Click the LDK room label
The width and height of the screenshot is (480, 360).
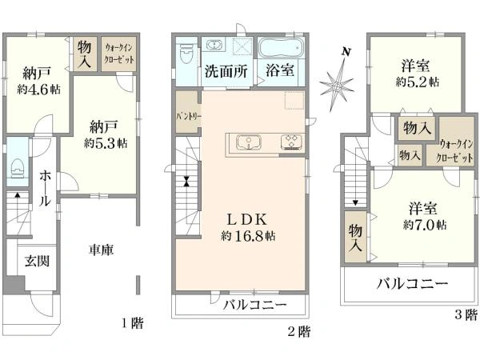pos(247,219)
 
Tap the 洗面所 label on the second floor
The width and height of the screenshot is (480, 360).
pos(226,71)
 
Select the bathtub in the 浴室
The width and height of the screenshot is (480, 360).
pos(281,48)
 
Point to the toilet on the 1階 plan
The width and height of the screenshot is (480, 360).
pos(18,168)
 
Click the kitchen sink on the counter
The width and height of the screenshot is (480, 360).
pos(249,142)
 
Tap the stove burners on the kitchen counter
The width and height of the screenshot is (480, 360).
pos(291,142)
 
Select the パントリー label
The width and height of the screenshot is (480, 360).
pos(189,117)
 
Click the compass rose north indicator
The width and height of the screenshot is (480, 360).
pos(338,81)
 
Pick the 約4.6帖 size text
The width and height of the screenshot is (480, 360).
pos(39,90)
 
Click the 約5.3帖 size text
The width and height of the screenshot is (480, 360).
pos(106,143)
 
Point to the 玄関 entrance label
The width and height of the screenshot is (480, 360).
pos(37,261)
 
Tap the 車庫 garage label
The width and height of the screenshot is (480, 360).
pos(102,250)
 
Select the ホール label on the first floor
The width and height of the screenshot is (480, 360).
pos(45,188)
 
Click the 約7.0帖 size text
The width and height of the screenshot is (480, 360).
pos(425,226)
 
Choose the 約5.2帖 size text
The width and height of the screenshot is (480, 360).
pos(418,82)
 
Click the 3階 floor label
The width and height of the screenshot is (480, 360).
pos(466,314)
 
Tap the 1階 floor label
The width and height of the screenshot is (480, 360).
pos(133,322)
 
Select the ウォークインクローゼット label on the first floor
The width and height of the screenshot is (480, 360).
pos(119,54)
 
